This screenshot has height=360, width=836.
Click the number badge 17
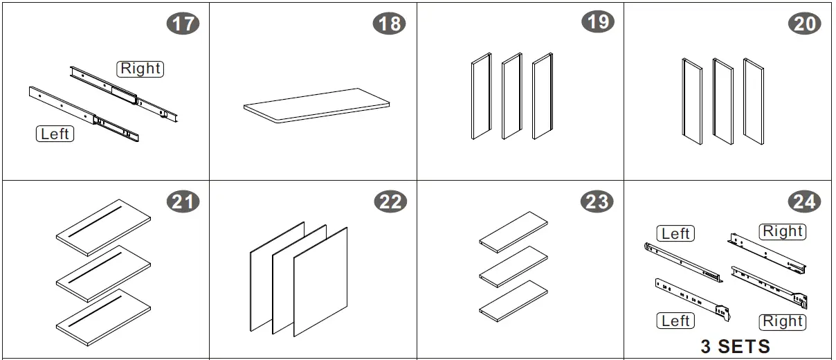click(x=183, y=24)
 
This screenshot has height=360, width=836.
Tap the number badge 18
click(x=389, y=24)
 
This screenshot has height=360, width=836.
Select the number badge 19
click(x=598, y=21)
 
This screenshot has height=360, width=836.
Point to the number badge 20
click(x=805, y=24)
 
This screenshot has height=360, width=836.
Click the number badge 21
click(x=183, y=201)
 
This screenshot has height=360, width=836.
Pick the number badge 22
click(x=390, y=201)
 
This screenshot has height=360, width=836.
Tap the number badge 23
click(x=597, y=201)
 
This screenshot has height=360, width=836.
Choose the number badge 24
click(x=804, y=201)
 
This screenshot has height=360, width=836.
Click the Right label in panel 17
click(x=140, y=69)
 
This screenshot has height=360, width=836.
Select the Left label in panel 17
click(x=55, y=134)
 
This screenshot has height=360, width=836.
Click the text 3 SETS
click(x=735, y=347)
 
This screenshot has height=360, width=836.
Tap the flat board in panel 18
click(x=316, y=106)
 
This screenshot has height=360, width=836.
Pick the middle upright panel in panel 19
click(x=511, y=96)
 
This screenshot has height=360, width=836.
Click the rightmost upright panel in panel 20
click(x=754, y=101)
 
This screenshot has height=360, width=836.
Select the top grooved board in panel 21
click(x=103, y=228)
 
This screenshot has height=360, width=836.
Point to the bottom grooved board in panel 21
click(x=103, y=318)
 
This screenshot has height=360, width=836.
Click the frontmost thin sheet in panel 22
click(x=320, y=282)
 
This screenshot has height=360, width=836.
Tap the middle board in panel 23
click(x=514, y=267)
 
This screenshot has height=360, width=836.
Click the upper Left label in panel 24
click(x=675, y=233)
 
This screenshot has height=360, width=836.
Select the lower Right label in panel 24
click(x=783, y=322)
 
